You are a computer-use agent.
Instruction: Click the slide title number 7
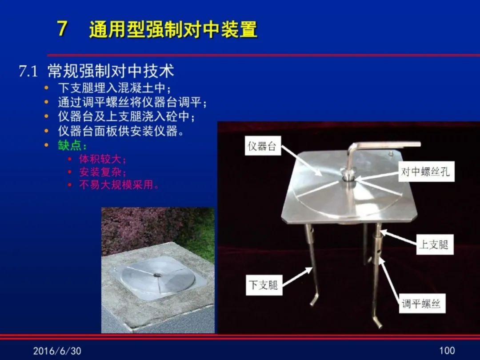coord(62,29)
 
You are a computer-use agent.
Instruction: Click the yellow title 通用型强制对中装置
coord(173,29)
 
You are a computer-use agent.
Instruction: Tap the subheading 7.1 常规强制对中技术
coord(96,71)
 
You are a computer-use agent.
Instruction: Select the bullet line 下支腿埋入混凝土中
coord(114,88)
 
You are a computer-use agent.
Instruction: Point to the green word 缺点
coord(69,145)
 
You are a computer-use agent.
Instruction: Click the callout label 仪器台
coord(262,146)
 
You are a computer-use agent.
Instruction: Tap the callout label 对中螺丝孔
coord(426,172)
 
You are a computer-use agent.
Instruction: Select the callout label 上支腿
coord(434,244)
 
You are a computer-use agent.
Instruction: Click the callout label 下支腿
coord(264,285)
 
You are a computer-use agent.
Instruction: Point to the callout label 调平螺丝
coord(421,304)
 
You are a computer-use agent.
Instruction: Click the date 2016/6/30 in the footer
coord(57,351)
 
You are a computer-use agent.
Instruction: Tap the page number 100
coord(447,350)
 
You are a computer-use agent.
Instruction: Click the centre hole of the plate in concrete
coord(157,275)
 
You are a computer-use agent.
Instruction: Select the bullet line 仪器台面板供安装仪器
coord(121,131)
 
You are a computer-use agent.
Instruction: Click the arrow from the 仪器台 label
coord(301,160)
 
